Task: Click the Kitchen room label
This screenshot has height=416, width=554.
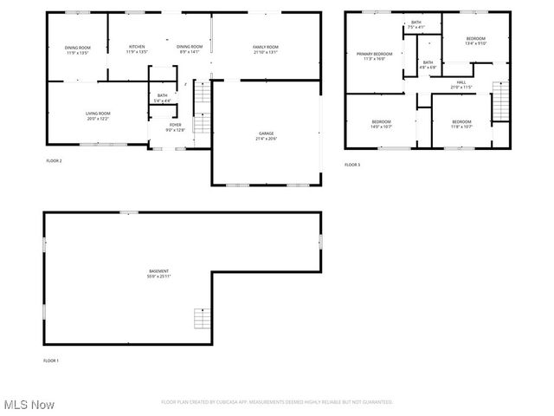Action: pyautogui.click(x=137, y=47)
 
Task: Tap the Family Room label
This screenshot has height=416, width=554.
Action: pyautogui.click(x=266, y=47)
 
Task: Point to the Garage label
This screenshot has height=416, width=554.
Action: pyautogui.click(x=266, y=133)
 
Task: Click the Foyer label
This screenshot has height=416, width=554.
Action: pyautogui.click(x=176, y=125)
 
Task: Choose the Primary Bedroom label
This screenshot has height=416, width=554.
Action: pyautogui.click(x=375, y=55)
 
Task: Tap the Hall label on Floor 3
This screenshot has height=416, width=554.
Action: pyautogui.click(x=461, y=83)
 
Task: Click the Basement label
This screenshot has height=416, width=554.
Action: pyautogui.click(x=158, y=271)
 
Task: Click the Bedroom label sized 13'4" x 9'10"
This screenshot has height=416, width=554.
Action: pyautogui.click(x=476, y=39)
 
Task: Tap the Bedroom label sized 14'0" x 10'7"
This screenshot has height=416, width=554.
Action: pyautogui.click(x=382, y=121)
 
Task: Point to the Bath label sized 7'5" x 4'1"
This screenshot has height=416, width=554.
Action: pyautogui.click(x=416, y=23)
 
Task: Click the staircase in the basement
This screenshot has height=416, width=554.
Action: pyautogui.click(x=201, y=318)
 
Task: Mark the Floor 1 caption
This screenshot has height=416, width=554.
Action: pyautogui.click(x=51, y=361)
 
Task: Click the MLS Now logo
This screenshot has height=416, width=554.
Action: pyautogui.click(x=29, y=405)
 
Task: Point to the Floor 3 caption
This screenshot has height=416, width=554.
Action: pyautogui.click(x=352, y=164)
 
